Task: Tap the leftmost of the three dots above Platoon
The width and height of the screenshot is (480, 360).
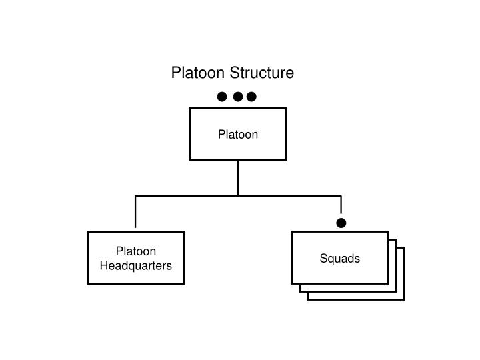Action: (x=222, y=97)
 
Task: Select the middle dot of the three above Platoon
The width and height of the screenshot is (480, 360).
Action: (x=237, y=97)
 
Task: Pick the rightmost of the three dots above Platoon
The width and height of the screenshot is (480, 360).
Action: (x=251, y=97)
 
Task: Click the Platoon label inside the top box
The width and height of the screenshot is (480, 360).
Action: (x=238, y=134)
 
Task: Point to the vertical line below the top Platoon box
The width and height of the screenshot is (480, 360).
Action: (x=238, y=177)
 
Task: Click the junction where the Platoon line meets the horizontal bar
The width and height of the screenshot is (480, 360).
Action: (x=238, y=196)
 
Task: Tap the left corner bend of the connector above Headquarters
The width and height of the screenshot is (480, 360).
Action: (x=136, y=196)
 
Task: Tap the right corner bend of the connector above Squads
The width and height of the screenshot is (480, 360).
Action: (x=341, y=196)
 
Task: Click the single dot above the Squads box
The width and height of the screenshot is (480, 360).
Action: (x=341, y=223)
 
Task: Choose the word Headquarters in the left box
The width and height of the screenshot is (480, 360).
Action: (x=136, y=266)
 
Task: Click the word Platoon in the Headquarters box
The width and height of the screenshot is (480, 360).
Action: (x=136, y=251)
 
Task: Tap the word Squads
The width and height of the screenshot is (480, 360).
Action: (x=340, y=259)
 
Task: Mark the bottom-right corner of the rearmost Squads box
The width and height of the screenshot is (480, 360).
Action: (x=404, y=300)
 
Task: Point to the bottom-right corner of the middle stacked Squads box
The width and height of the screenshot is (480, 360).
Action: (x=396, y=292)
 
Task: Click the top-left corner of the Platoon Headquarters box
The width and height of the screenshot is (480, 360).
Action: (x=88, y=232)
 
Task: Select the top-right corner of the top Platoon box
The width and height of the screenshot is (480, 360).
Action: (x=286, y=108)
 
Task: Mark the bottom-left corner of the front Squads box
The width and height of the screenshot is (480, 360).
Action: (x=292, y=284)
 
